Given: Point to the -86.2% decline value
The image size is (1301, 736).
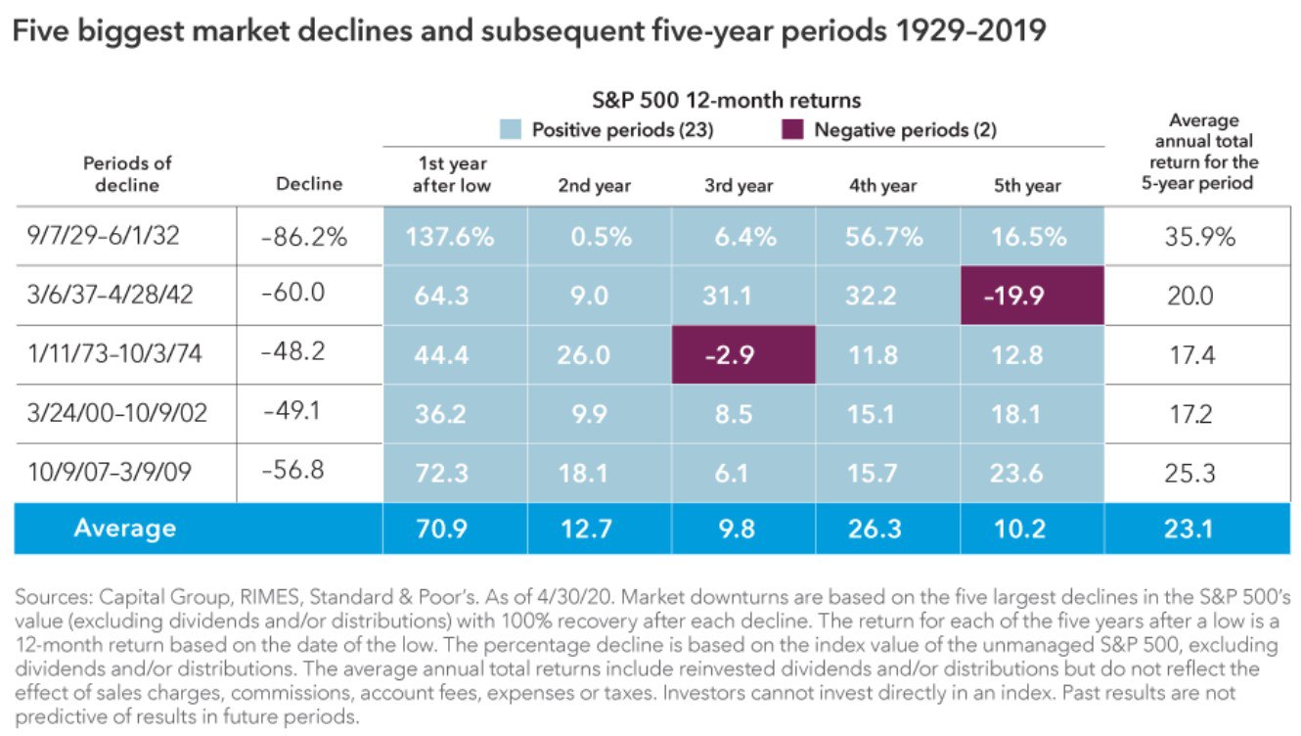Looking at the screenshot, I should point(304,237).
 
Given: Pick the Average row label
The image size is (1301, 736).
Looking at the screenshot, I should point(124,529).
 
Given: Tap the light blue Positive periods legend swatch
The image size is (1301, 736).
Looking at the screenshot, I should point(510,130).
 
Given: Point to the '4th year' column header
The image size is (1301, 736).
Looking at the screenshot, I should point(883,186).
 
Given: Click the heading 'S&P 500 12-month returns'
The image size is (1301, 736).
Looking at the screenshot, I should point(726,100).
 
